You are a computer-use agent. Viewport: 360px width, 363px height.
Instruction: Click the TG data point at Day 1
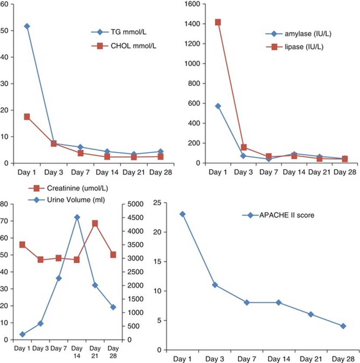[27, 26]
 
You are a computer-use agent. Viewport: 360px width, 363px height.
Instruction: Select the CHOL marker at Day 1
[27, 117]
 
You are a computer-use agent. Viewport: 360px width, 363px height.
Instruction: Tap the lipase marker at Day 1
[218, 22]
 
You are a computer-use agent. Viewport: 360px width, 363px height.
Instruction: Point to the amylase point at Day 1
[218, 106]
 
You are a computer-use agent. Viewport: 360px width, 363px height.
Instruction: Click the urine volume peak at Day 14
[77, 217]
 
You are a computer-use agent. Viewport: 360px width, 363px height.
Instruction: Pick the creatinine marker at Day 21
[95, 223]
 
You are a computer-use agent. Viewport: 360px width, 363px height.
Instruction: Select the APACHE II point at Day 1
[183, 214]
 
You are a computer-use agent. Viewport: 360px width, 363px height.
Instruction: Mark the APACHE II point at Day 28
[343, 326]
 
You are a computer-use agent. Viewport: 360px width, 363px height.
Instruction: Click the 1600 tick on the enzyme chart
[192, 4]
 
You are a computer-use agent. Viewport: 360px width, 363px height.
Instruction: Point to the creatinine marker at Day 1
[22, 245]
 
